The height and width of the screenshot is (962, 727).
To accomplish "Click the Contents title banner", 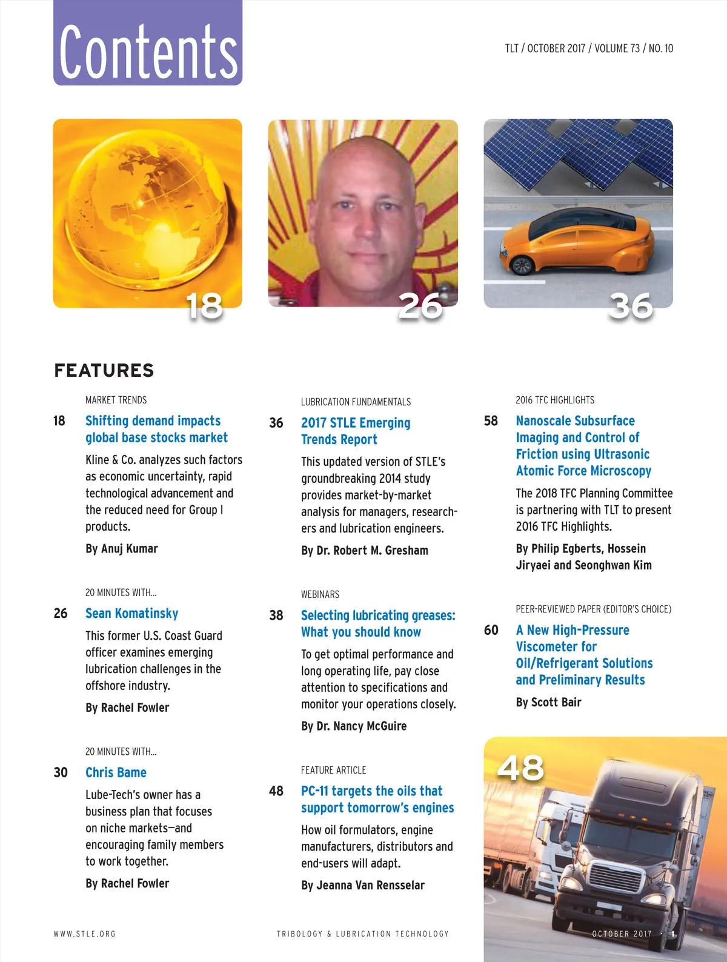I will point(148,44).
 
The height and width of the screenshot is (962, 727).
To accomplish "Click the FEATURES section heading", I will point(104,370).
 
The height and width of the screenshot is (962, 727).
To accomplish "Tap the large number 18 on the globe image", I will point(204,305).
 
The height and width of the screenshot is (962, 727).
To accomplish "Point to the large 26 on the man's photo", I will point(420,305).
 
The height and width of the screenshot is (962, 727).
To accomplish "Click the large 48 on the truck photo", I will point(520,768).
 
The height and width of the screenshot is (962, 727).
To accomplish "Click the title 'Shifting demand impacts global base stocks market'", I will point(156,429).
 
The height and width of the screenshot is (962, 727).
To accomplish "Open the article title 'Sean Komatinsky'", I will point(131,613).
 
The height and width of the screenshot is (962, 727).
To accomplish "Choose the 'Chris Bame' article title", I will point(116,772).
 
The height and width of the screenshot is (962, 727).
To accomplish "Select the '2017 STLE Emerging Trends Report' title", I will point(356,431).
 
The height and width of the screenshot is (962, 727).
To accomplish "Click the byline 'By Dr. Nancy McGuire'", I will point(354,726).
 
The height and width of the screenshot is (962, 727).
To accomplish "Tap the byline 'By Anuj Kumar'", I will point(121,548).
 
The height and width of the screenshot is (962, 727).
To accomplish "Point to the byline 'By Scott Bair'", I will point(548,702).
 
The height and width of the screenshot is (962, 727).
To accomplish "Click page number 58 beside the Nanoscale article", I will point(491,420).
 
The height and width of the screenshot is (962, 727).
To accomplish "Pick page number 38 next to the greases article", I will point(276,615).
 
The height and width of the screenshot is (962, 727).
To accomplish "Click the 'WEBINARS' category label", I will point(320,594).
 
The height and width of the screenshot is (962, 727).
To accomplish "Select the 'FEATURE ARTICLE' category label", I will point(333,770).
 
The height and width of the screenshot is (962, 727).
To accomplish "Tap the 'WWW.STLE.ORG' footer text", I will point(84,934).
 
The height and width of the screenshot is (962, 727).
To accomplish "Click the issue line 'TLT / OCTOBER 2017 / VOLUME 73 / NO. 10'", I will point(589,48).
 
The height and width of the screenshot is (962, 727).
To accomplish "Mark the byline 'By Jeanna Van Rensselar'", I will point(363,885).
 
